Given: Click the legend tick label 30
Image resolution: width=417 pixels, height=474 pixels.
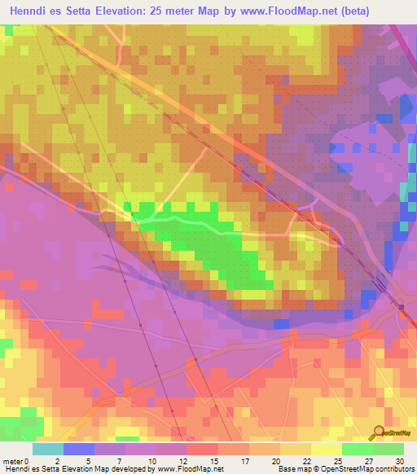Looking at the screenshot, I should click(x=399, y=460).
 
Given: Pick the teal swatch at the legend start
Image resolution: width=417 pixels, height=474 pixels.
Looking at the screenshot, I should click(x=48, y=449).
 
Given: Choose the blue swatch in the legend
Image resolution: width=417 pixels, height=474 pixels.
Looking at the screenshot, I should click(x=79, y=449).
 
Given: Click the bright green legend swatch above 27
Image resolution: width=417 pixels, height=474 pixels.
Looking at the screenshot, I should click(x=358, y=449).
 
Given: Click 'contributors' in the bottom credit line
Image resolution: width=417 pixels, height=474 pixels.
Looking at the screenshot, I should click(x=394, y=469).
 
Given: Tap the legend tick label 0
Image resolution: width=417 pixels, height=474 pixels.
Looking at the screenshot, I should click(x=33, y=460).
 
